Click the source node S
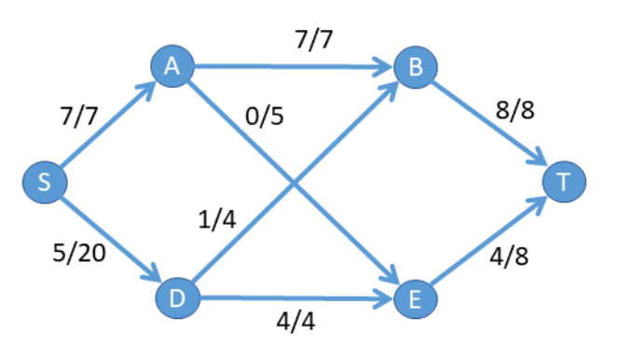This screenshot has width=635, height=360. pyautogui.click(x=45, y=182)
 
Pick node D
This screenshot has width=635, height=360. pyautogui.click(x=175, y=299)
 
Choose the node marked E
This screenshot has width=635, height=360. pyautogui.click(x=414, y=298)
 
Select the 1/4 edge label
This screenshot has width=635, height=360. pyautogui.click(x=217, y=223)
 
